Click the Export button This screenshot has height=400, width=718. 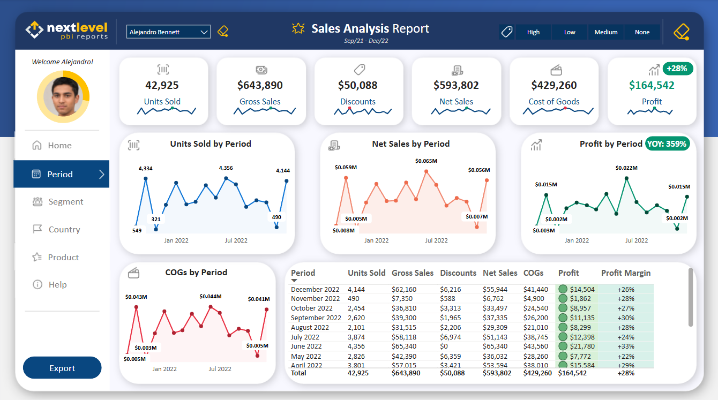tap(62, 368)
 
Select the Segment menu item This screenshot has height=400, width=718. tap(65, 202)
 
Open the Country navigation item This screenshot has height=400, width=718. tap(64, 230)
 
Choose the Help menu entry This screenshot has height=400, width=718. tap(57, 285)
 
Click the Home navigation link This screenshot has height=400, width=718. tap(59, 146)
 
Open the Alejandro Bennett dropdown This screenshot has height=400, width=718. tap(169, 32)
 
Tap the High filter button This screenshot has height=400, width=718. tap(533, 32)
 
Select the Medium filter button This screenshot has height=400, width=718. tap(605, 32)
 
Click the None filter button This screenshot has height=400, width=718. tap(642, 32)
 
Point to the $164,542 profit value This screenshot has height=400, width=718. tap(652, 85)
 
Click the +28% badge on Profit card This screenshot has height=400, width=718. tap(678, 69)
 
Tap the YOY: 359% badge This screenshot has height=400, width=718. tap(667, 144)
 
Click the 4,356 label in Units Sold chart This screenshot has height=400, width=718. tap(226, 168)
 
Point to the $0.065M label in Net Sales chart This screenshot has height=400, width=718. tap(426, 161)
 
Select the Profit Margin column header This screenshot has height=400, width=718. tap(625, 273)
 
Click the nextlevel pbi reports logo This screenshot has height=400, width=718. tap(67, 31)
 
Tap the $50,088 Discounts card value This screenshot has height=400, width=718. tap(357, 85)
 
